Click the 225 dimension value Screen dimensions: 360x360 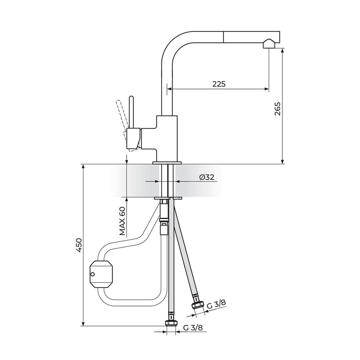[219, 84]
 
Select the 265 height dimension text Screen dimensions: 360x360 [277, 109]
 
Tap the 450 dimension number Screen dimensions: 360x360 [78, 245]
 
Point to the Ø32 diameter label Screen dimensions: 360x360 [207, 177]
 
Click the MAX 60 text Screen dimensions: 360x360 [123, 221]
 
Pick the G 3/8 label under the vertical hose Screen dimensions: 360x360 [193, 328]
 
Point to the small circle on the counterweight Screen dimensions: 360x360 [93, 274]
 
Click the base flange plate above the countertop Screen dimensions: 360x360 [167, 163]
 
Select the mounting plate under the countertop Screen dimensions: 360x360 [168, 198]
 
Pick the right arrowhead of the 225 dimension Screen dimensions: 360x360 [267, 89]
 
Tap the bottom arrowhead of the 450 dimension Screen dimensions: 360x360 [83, 323]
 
